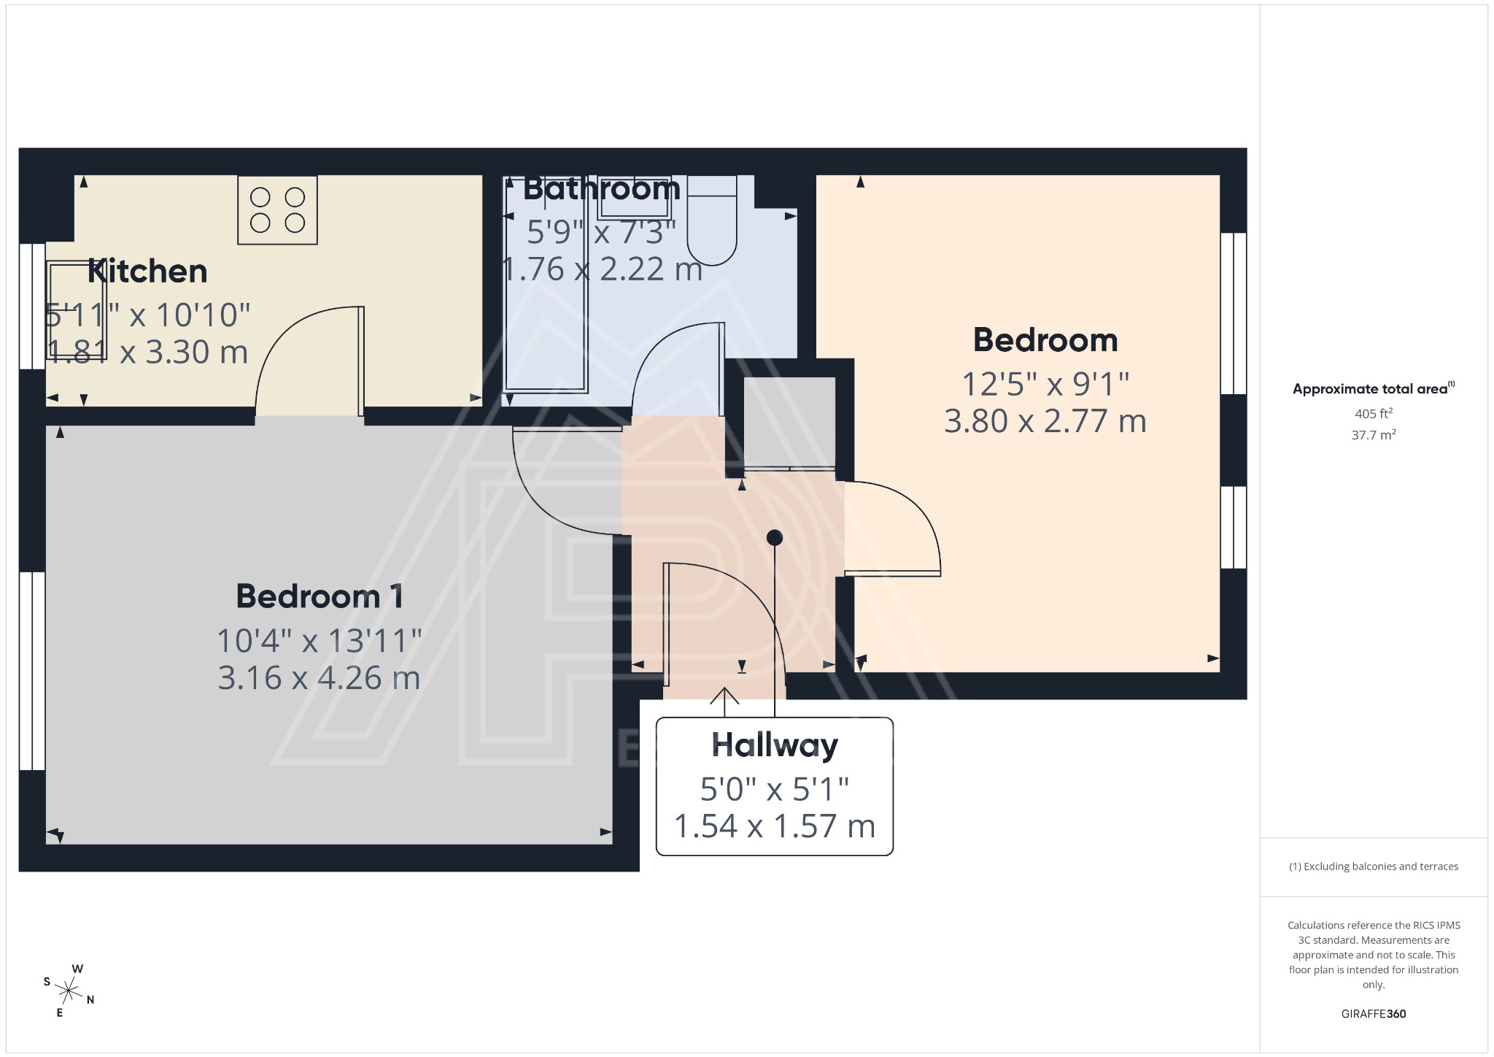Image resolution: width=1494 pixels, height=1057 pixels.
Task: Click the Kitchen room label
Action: (147, 272)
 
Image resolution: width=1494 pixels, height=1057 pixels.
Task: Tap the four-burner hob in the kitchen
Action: (277, 210)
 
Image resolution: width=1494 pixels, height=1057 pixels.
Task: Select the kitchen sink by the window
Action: (77, 310)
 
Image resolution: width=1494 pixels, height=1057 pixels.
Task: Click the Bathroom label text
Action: (602, 189)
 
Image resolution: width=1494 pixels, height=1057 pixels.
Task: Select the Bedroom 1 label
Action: (320, 596)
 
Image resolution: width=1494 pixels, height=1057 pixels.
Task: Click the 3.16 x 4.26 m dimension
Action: (319, 678)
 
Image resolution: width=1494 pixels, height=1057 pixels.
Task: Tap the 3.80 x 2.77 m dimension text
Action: (1045, 421)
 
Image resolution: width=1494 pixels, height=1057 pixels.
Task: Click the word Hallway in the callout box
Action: (775, 745)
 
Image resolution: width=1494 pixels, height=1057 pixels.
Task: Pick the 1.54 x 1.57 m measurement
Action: (774, 826)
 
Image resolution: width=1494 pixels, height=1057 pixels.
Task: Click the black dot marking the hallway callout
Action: (775, 538)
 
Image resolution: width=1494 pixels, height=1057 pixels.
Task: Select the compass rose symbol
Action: (69, 991)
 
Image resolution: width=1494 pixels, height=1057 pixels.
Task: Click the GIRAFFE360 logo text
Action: (1373, 1014)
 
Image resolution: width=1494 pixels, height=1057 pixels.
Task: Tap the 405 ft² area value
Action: (1373, 414)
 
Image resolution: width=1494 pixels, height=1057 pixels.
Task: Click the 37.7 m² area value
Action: (1373, 435)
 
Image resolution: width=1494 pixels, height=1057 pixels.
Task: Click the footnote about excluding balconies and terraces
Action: (1373, 866)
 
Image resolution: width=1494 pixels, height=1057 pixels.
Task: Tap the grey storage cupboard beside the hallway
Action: (789, 422)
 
